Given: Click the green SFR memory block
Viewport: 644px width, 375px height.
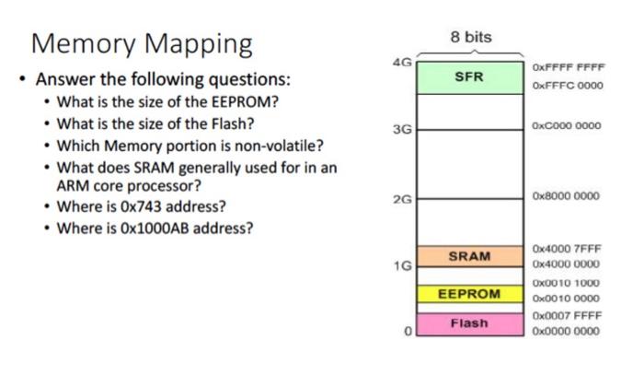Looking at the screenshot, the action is coord(470,77).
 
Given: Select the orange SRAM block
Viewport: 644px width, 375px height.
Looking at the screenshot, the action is coord(470,256).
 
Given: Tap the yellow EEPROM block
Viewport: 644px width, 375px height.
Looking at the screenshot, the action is coord(470,294).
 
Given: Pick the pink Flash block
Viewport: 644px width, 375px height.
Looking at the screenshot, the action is coord(470,324).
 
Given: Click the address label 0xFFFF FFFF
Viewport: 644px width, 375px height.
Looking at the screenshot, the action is coord(569,67).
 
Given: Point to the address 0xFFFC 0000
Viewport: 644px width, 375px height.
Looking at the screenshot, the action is coord(568,86).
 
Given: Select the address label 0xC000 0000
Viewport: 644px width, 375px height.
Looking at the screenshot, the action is coord(567,125).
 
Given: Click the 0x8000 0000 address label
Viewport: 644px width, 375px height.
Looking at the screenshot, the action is coord(566,195).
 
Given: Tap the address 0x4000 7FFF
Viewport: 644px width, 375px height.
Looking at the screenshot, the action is coord(567,249).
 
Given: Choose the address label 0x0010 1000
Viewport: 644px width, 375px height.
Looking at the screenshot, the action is coord(566,283).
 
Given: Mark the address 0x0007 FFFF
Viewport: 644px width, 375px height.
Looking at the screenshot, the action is coord(568,315).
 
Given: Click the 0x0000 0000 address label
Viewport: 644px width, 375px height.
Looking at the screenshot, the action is coord(566,331).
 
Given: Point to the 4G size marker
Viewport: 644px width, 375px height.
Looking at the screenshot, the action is coord(402,63).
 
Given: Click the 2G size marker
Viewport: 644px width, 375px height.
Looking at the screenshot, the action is coord(402,199).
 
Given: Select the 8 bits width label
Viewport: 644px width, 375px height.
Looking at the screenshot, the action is coord(471,37).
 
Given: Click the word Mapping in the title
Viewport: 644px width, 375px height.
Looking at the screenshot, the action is coord(199,44).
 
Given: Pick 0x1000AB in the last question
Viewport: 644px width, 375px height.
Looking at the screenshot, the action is coord(155,229).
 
